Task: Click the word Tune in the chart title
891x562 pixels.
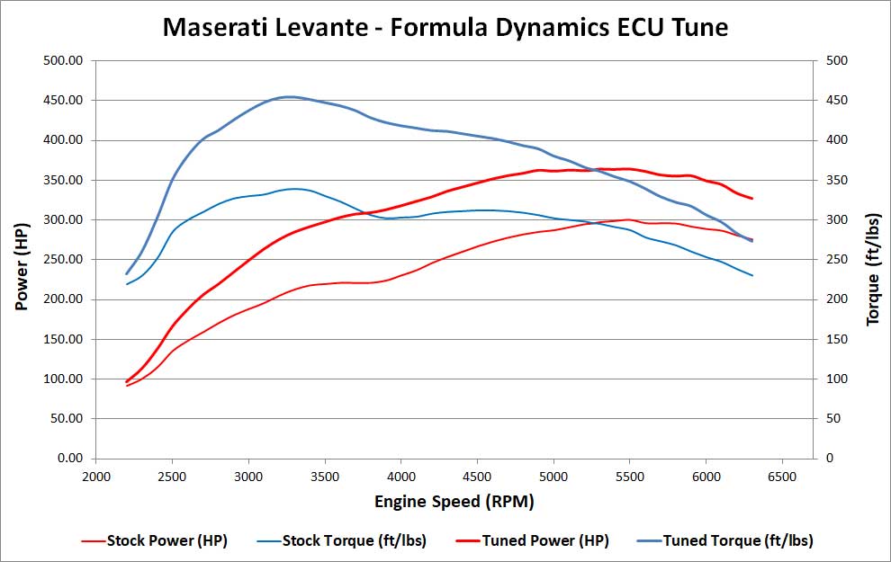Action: click(x=696, y=28)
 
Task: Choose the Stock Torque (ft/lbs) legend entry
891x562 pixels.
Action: click(x=354, y=540)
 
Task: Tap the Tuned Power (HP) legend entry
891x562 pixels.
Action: click(x=545, y=540)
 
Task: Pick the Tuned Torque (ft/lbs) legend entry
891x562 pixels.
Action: click(x=738, y=540)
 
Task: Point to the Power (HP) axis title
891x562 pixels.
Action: click(x=22, y=259)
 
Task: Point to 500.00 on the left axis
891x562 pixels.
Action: click(x=63, y=61)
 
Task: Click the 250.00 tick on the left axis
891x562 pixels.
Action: click(x=63, y=260)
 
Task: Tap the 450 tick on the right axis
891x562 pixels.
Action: click(x=838, y=101)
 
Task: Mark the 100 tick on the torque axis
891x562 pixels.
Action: click(x=838, y=379)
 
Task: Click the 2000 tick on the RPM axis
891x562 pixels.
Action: click(x=96, y=477)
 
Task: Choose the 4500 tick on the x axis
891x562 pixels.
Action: click(x=477, y=477)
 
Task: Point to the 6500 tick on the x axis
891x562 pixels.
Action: click(x=782, y=477)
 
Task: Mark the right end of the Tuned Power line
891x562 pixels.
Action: click(x=751, y=199)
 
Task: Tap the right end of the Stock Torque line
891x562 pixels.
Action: click(x=751, y=275)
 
